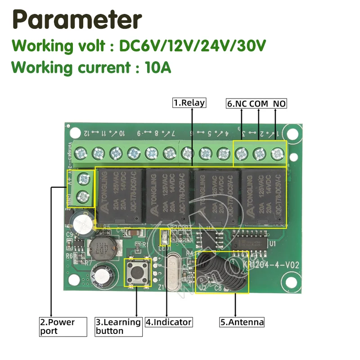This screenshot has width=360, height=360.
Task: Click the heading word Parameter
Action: click(x=76, y=20)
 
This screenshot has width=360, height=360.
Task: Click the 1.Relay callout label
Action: click(x=189, y=103)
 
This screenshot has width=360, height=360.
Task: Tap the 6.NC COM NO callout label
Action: click(x=256, y=103)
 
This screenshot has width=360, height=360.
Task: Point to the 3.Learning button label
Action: click(x=118, y=327)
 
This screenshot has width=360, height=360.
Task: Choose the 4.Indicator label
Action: click(x=169, y=322)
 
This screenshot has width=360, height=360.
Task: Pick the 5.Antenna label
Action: click(x=242, y=322)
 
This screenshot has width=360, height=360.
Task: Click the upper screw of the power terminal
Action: click(x=83, y=179)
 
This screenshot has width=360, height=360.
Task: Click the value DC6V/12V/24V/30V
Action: click(x=193, y=46)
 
